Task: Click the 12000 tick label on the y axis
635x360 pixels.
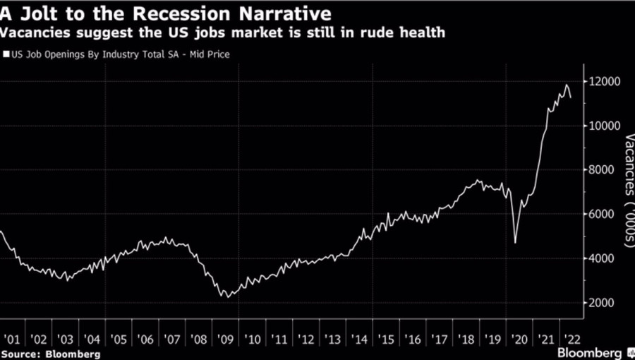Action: pos(605,82)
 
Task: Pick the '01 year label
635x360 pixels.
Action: pos(11,337)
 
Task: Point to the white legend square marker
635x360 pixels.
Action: pos(6,53)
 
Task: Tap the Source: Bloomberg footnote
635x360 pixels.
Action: pos(51,352)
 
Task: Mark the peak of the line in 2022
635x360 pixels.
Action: pos(566,85)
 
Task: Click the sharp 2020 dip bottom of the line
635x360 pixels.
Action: pos(514,243)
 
